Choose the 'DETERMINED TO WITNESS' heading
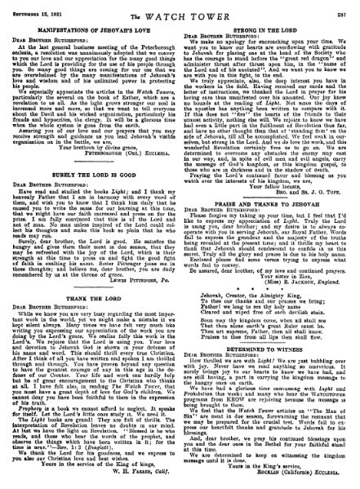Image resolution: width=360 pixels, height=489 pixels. [x=269, y=363]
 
